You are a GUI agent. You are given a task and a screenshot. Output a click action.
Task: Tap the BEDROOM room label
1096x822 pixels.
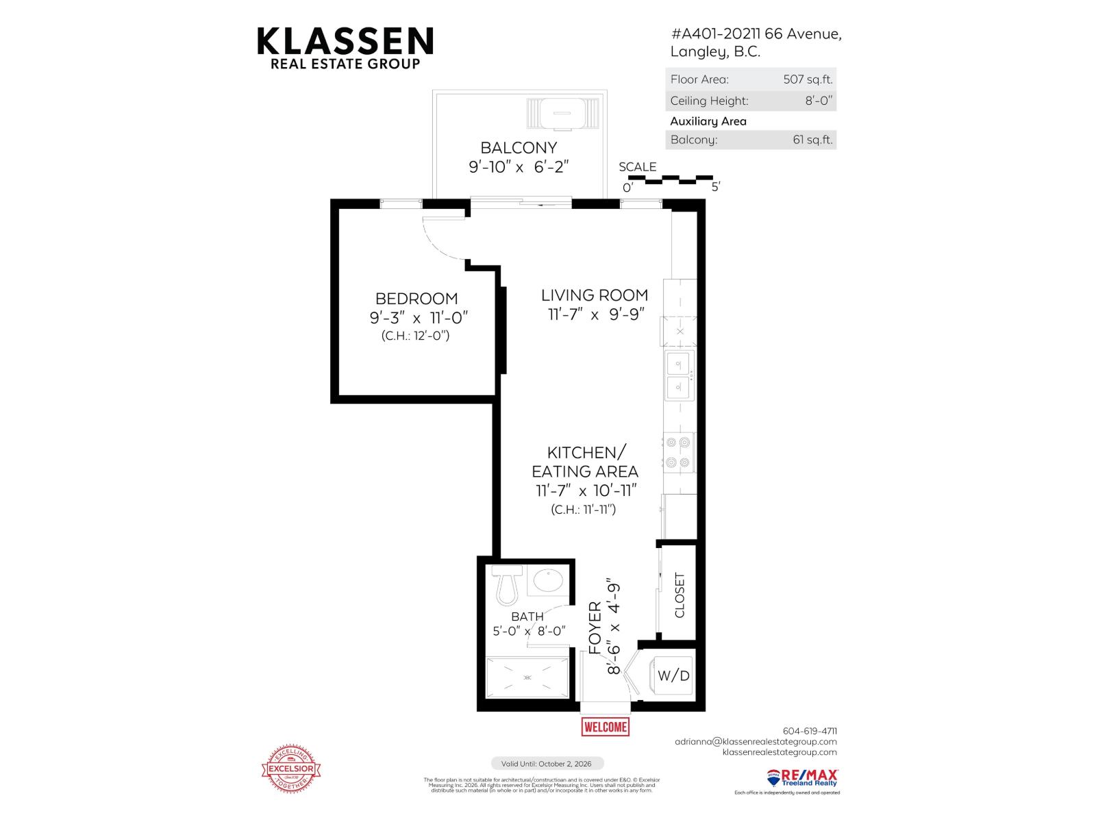(416, 299)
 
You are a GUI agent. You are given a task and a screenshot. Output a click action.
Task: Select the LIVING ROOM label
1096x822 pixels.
(595, 295)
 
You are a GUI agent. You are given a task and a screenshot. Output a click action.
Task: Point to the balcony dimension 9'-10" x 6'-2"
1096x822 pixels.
(519, 166)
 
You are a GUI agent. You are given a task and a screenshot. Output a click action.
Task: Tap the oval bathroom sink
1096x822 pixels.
(547, 580)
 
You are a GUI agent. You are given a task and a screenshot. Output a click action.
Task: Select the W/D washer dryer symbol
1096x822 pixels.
(673, 675)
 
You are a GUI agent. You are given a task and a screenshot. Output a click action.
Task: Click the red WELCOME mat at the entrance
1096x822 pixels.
(605, 727)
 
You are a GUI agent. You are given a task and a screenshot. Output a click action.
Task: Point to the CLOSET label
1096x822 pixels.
(680, 595)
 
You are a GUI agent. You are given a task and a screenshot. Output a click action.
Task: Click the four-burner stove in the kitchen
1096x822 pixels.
(679, 452)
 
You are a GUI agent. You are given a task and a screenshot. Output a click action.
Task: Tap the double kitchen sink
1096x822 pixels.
(679, 375)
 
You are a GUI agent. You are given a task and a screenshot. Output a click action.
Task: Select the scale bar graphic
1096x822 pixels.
(671, 180)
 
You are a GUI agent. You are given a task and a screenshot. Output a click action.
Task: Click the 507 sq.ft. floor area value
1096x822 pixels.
(808, 79)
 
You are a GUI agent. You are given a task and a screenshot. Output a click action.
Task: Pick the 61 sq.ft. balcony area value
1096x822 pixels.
(812, 140)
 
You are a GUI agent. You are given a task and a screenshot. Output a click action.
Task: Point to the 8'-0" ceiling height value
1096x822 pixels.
(819, 101)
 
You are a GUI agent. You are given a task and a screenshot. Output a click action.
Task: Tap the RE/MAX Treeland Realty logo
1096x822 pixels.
(802, 777)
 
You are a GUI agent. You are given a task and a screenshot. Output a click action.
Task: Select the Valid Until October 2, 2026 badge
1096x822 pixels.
(547, 763)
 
